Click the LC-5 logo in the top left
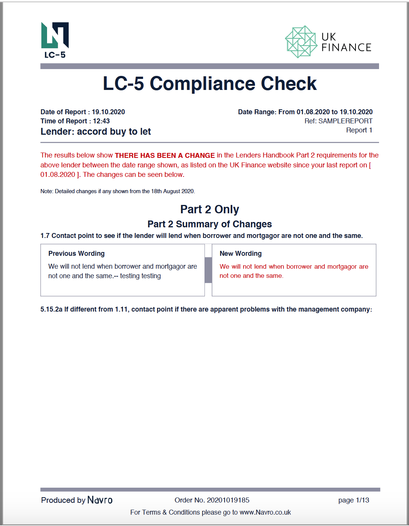(x=55, y=40)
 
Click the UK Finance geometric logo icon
(x=301, y=42)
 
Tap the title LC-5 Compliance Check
(x=209, y=83)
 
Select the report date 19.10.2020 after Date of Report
(x=108, y=112)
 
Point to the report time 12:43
(x=101, y=121)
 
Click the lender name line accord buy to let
(x=96, y=132)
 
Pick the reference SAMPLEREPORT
(x=345, y=121)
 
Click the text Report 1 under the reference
(x=359, y=130)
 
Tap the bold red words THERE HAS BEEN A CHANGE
(x=165, y=155)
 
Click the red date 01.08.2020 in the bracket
(x=58, y=175)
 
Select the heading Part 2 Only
(x=209, y=209)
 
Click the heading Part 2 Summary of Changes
(x=209, y=224)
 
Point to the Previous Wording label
(x=76, y=254)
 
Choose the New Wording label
(x=241, y=254)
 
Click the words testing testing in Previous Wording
(x=140, y=276)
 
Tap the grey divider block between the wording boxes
(x=208, y=270)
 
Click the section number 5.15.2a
(x=51, y=309)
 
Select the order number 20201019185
(x=228, y=500)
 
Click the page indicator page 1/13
(x=354, y=500)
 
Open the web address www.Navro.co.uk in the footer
(x=265, y=512)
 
